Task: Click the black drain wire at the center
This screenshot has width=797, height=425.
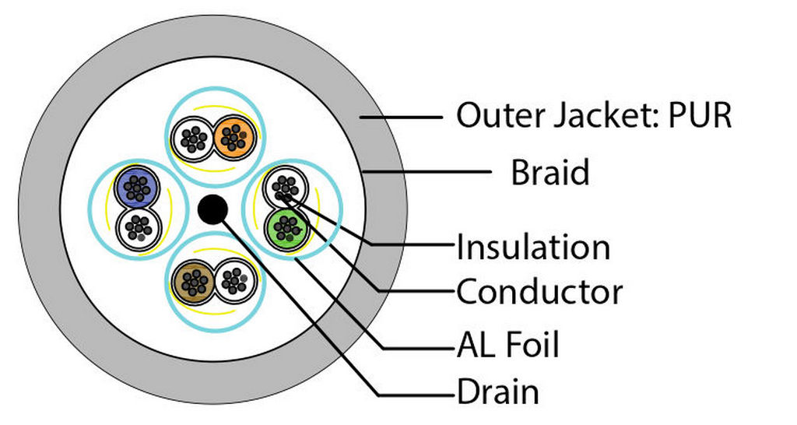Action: point(212,209)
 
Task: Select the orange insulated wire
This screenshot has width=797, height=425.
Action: point(230,137)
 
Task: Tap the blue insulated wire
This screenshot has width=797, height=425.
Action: point(137,188)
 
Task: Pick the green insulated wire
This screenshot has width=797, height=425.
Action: point(287,227)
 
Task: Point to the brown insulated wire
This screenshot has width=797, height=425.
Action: point(195,280)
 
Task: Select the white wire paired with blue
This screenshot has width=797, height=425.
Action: point(137,227)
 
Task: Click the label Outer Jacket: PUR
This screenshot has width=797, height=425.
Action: point(594,116)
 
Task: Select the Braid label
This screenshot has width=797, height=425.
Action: point(549,172)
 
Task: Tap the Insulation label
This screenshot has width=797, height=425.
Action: point(533,248)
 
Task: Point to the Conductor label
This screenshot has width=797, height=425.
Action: point(539,293)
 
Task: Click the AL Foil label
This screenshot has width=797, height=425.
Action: point(507,343)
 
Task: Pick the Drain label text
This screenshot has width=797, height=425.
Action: point(497,392)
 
